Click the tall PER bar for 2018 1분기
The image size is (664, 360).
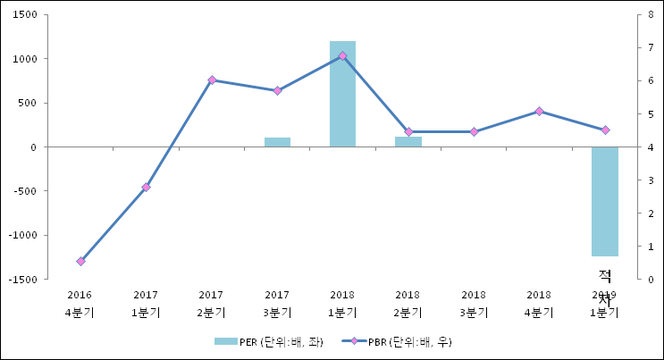pos(342,94)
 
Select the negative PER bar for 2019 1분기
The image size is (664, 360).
pos(605,201)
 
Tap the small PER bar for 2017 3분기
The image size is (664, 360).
pos(277,142)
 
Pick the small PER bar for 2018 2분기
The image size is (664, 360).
pos(408,142)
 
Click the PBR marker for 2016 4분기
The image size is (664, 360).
pos(80,261)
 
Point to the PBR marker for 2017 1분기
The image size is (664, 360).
pos(146,187)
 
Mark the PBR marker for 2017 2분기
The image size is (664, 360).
pos(212,80)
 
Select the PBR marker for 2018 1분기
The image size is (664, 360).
pos(342,55)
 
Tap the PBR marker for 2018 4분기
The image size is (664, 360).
pos(539,111)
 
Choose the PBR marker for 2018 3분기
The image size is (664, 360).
pos(474,131)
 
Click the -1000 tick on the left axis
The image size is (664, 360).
pos(21,235)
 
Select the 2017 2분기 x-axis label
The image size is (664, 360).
pos(212,304)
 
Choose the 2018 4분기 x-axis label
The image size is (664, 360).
pos(539,304)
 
